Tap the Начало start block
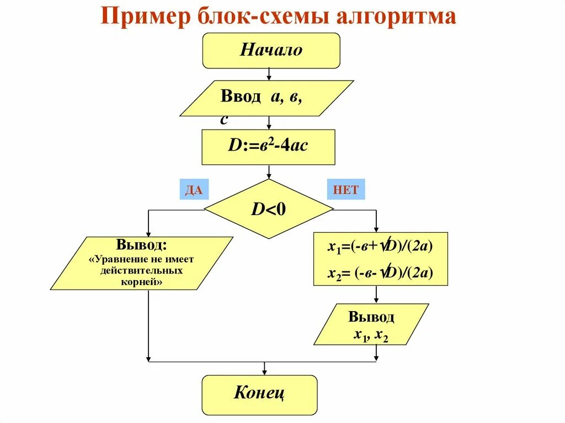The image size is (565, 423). tap(271, 50)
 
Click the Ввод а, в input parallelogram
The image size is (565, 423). tap(267, 98)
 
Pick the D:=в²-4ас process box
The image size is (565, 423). tap(268, 147)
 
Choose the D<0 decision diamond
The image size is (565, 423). tap(269, 209)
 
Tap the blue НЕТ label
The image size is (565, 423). tap(346, 190)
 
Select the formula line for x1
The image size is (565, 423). tap(380, 248)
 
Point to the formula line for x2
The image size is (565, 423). tap(380, 273)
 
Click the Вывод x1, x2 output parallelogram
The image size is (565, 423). tap(371, 325)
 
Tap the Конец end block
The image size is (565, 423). tap(259, 393)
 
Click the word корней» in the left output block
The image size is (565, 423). tap(142, 281)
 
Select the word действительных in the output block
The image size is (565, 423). tap(142, 271)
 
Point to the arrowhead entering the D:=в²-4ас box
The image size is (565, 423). tap(268, 126)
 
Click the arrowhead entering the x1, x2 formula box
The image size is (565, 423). tap(376, 229)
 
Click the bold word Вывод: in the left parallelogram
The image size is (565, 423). tap(142, 244)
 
